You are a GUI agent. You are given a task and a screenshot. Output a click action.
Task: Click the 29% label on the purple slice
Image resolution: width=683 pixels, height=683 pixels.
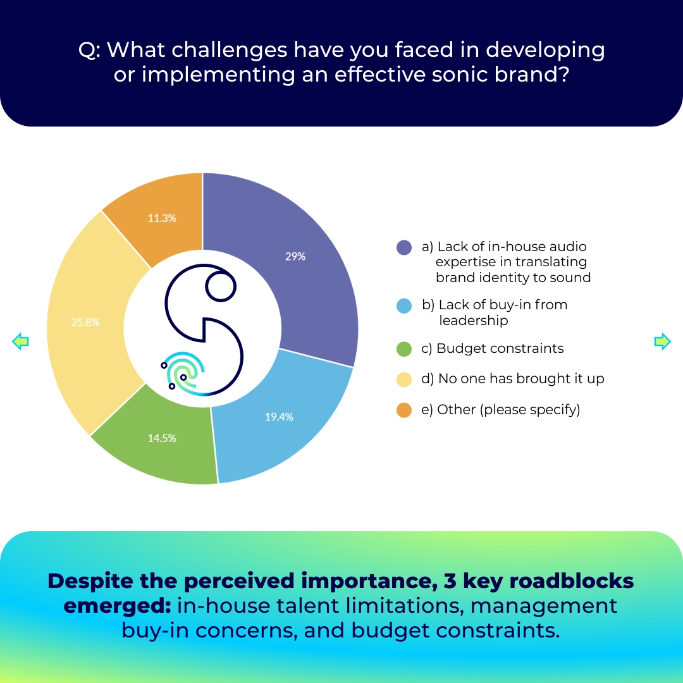295,257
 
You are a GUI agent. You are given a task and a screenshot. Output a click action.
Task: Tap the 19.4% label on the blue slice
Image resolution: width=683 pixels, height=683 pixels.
279,417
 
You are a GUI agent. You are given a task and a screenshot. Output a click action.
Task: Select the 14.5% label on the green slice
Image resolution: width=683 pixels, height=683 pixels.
162,438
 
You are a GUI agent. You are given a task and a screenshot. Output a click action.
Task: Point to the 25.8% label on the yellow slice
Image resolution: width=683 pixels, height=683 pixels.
85,323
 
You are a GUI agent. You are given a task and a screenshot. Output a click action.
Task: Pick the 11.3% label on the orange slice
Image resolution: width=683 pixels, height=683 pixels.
162,218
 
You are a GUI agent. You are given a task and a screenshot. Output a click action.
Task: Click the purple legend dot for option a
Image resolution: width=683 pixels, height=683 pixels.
403,247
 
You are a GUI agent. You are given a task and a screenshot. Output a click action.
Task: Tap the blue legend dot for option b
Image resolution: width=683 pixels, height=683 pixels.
403,306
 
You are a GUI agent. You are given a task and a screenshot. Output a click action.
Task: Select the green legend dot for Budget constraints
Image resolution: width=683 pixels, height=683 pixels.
403,349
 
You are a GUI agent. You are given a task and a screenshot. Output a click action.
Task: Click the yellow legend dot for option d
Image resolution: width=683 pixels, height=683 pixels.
403,379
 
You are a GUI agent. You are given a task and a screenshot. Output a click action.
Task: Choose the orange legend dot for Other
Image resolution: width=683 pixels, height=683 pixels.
403,410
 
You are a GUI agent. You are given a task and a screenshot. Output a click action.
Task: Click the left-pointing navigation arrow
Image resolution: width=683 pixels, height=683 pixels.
20,341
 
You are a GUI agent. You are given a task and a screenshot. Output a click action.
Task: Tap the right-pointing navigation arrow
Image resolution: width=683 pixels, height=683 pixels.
663,341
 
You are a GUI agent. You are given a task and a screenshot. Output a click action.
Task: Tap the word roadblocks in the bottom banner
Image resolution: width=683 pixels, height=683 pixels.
571,581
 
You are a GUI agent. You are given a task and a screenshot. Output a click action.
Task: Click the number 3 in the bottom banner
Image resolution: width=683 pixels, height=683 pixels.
450,582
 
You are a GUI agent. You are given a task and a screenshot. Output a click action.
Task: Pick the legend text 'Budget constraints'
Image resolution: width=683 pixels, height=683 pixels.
500,348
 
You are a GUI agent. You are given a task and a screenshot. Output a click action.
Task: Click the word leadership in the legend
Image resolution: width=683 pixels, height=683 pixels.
473,321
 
